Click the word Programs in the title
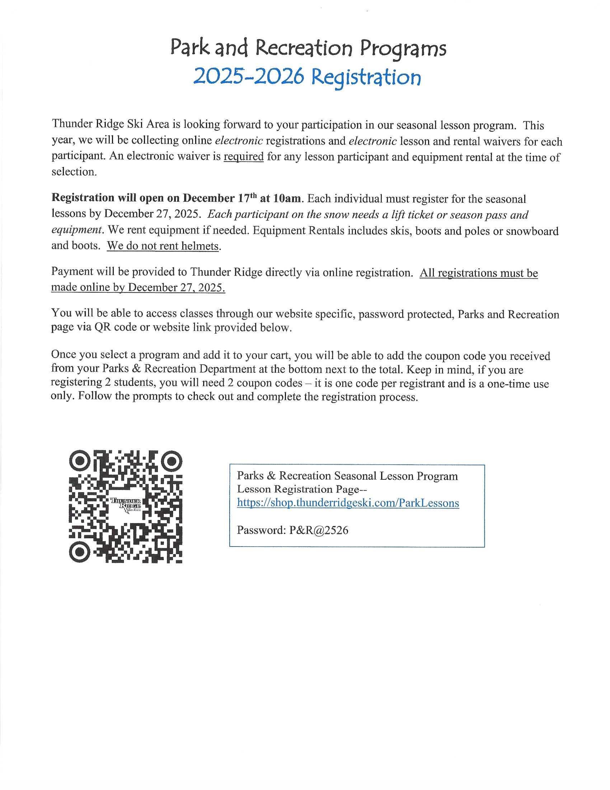[404, 49]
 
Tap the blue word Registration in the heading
[366, 78]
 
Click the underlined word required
[244, 157]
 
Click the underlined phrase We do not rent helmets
[163, 246]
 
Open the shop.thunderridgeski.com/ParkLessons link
[348, 503]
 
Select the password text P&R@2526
[318, 530]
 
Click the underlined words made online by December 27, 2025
[138, 287]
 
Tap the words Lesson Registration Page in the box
[299, 489]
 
